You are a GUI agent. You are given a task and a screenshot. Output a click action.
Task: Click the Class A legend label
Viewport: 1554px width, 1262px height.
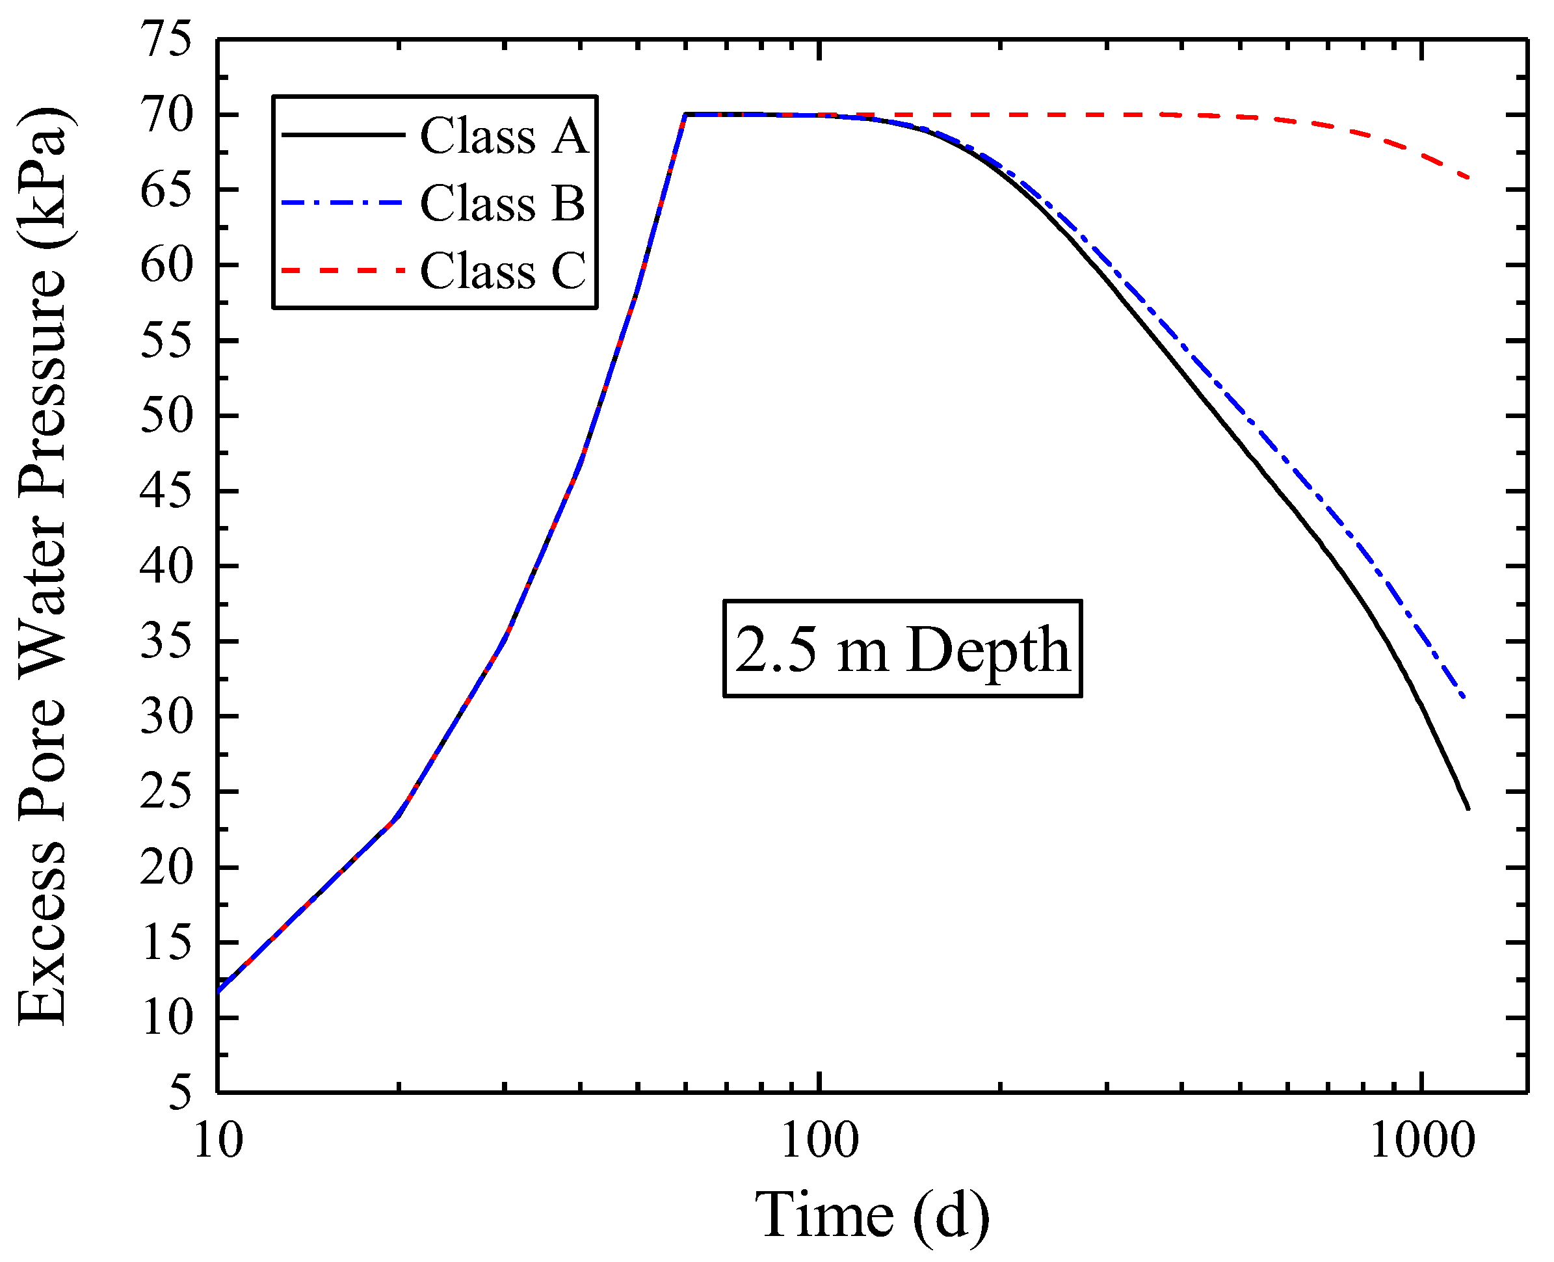(504, 136)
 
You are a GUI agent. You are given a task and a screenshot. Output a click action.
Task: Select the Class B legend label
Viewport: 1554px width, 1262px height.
(502, 203)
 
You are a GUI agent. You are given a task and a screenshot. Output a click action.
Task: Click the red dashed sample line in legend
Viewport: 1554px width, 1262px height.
(341, 270)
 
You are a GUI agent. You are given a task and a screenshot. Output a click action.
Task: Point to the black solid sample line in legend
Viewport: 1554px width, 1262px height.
(341, 135)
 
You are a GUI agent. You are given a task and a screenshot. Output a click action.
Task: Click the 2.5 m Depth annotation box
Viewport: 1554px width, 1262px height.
(902, 648)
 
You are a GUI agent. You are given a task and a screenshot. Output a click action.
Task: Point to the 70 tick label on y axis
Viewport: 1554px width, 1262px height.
(166, 115)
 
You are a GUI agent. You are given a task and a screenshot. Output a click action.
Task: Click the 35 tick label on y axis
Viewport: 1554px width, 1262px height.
(166, 641)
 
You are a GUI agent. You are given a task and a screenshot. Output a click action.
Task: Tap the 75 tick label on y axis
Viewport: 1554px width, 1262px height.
(166, 39)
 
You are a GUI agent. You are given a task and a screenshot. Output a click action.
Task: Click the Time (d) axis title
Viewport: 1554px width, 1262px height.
(871, 1215)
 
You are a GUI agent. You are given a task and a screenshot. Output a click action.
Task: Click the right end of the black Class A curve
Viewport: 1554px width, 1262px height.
(1468, 808)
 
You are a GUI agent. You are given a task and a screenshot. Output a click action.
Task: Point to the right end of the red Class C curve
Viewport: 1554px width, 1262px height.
(1468, 177)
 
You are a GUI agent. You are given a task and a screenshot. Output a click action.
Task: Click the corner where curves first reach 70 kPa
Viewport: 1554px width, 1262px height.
(685, 115)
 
